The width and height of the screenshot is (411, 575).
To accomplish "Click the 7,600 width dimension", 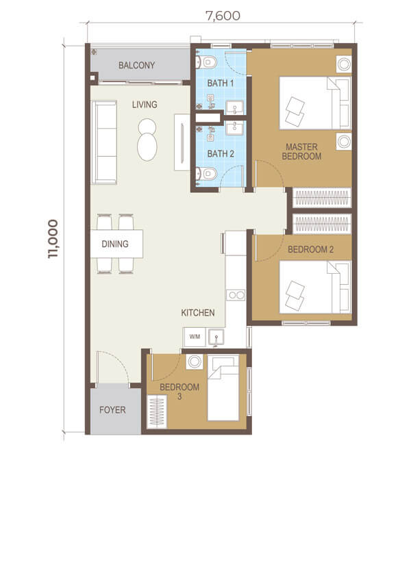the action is point(223,16).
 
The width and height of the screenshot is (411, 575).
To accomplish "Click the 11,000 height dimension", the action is point(53,239).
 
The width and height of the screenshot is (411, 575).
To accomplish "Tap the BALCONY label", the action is point(136,65).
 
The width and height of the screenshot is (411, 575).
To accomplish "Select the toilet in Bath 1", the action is point(206,62).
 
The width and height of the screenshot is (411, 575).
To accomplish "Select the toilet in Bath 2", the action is point(206,174).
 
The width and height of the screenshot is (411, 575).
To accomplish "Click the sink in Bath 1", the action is point(234,107).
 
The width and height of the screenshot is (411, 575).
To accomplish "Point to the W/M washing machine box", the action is point(195,337).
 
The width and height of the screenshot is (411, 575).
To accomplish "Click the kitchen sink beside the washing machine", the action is point(216,337).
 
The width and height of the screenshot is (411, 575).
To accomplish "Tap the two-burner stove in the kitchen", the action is point(236,295).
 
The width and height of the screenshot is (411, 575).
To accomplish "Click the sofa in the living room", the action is point(104,142).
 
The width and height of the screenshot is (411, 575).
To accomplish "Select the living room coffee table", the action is point(147,140).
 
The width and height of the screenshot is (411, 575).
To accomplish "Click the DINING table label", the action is point(115,244).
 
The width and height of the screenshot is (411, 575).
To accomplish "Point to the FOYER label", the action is point(112,409).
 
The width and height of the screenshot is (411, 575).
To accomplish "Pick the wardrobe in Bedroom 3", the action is point(157,411).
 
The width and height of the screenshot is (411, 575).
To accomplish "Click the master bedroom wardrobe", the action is point(322,198).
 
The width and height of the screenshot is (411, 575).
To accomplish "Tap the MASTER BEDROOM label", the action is point(301,151).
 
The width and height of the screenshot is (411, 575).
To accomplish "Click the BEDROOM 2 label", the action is point(310,249).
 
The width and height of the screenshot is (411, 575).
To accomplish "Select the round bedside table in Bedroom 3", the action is point(194,362).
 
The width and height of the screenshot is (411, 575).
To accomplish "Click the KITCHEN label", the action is point(198,312).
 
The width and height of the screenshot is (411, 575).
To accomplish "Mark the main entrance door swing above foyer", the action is point(113,367).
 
